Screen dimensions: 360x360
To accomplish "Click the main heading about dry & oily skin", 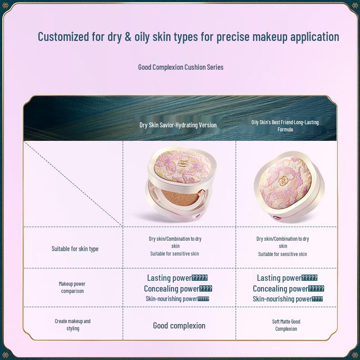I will [x=188, y=37].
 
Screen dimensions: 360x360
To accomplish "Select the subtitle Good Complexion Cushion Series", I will [x=180, y=67].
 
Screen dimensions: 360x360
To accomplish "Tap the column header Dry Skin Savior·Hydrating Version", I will [x=178, y=125].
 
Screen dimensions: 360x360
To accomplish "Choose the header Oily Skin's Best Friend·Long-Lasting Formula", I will [x=285, y=126].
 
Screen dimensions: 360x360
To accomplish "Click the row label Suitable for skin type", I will [x=75, y=249].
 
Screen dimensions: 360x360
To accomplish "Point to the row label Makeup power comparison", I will [x=72, y=288].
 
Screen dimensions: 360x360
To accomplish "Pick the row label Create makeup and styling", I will [x=72, y=325].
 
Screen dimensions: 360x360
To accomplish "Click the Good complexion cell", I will [x=179, y=326].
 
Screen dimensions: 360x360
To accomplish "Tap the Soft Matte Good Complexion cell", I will [x=286, y=325].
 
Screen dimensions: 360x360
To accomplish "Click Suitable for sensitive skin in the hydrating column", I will [x=175, y=254].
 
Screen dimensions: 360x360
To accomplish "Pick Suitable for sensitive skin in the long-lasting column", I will [x=283, y=254].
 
